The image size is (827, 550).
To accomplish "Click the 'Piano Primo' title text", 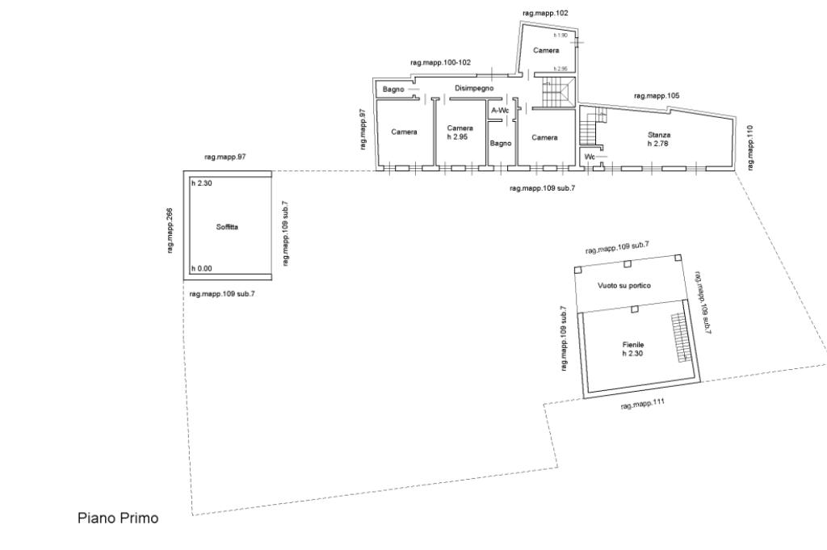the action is pos(118,518).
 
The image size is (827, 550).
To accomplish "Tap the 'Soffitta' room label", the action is pos(227,228).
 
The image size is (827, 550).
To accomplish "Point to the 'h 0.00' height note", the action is pos(201,269).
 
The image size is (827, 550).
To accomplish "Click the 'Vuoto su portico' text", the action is pos(624,286).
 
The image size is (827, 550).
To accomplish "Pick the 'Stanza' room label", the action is pos(659,134).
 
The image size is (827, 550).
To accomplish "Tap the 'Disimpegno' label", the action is pos(474,88).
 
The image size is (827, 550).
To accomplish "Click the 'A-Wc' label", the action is pos(500,110).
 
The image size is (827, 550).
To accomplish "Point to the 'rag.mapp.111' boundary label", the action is pos(642,405).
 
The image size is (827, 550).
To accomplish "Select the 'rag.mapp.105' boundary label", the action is pos(657,95).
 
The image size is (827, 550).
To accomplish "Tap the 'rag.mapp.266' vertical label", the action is pos(170,231).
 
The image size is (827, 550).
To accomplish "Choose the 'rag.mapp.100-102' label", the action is pos(440,62).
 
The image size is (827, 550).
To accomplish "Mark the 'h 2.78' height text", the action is pos(659,143).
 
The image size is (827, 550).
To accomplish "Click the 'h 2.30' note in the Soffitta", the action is pos(201,184).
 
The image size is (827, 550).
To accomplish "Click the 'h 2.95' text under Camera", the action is pos(458,136).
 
